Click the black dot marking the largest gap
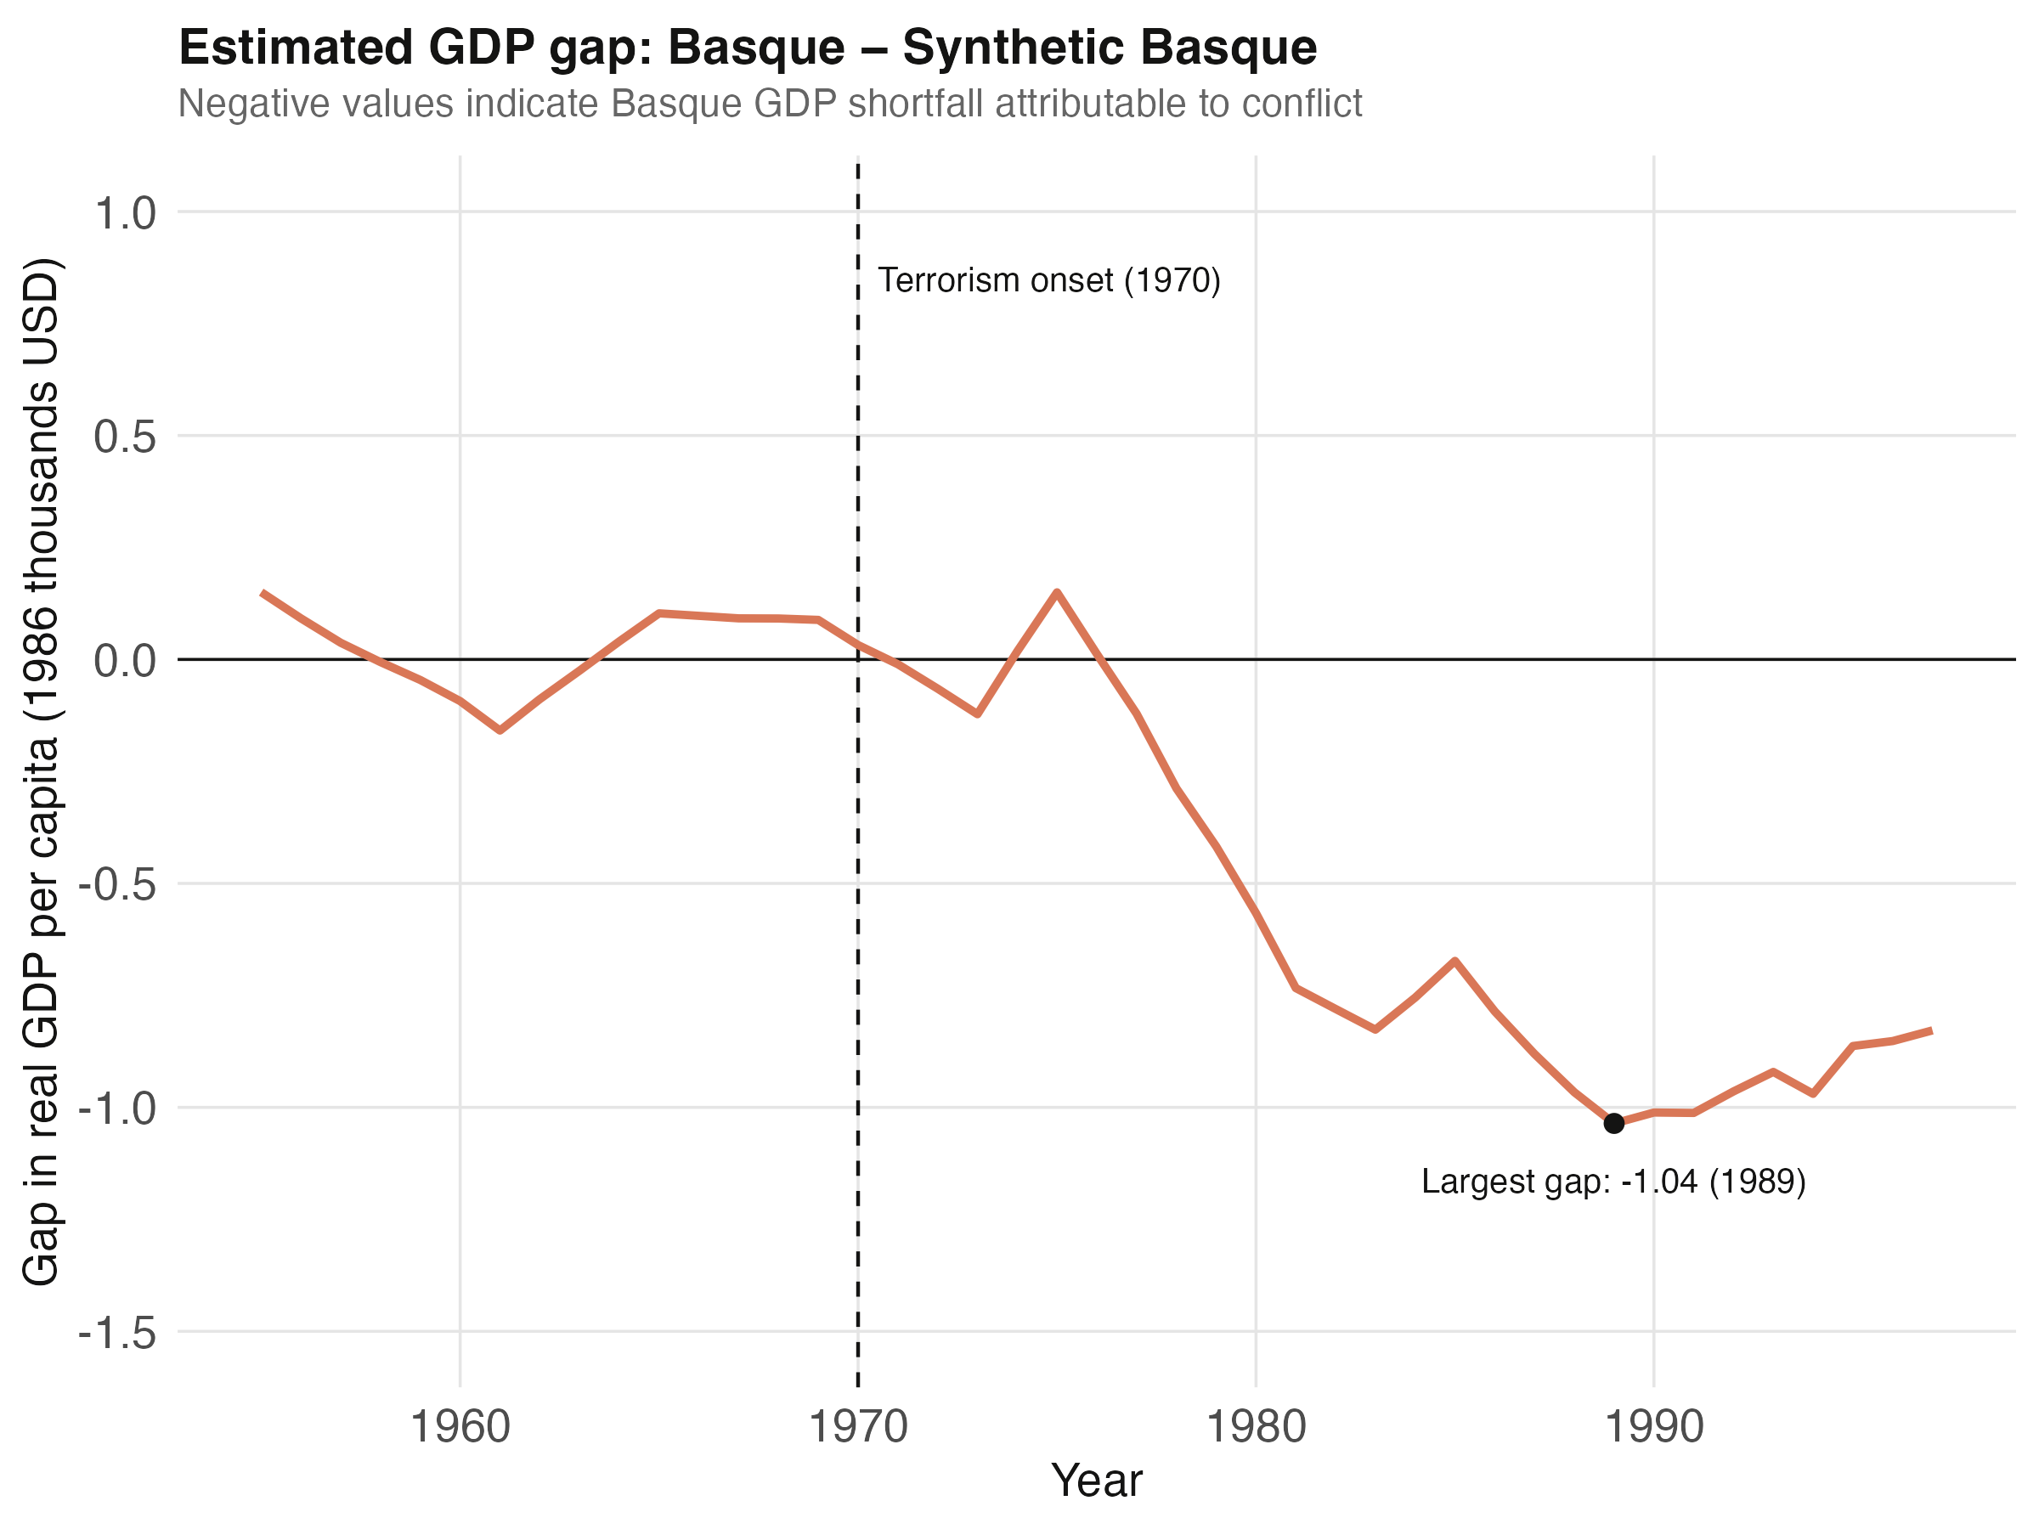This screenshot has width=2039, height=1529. pyautogui.click(x=1613, y=1123)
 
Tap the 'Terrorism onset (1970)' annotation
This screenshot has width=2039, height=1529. pyautogui.click(x=1048, y=280)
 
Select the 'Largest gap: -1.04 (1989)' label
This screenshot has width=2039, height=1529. pyautogui.click(x=1613, y=1182)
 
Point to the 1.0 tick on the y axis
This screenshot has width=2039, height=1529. pyautogui.click(x=126, y=213)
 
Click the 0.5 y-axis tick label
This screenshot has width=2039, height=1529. pyautogui.click(x=126, y=436)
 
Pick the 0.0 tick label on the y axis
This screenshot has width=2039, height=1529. pyautogui.click(x=126, y=660)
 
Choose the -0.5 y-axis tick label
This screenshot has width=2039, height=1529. pyautogui.click(x=117, y=884)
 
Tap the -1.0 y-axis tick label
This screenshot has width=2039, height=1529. pyautogui.click(x=117, y=1107)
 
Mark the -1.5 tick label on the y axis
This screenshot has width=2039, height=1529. pyautogui.click(x=117, y=1332)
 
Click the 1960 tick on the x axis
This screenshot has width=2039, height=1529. pyautogui.click(x=460, y=1428)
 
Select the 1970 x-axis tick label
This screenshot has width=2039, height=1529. pyautogui.click(x=858, y=1428)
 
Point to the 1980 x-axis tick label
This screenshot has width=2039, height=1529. pyautogui.click(x=1256, y=1428)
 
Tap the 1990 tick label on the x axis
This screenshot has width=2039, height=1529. pyautogui.click(x=1653, y=1428)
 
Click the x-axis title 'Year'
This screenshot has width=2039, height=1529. pyautogui.click(x=1096, y=1481)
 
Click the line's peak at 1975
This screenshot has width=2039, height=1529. pyautogui.click(x=1056, y=592)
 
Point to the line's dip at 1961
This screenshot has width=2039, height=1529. pyautogui.click(x=500, y=730)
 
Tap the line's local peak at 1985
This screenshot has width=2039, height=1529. pyautogui.click(x=1454, y=961)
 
